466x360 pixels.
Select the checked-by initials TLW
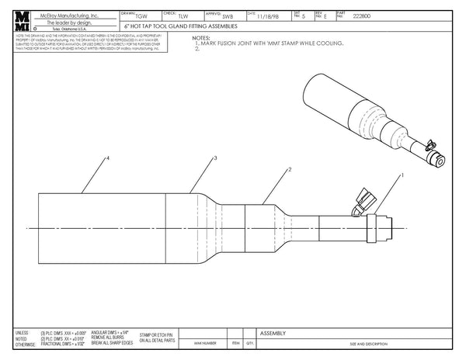click(183, 16)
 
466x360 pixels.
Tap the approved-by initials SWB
click(228, 16)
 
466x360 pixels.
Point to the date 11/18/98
click(266, 16)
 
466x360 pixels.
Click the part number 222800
click(361, 16)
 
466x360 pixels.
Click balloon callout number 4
click(107, 158)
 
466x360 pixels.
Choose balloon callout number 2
click(289, 168)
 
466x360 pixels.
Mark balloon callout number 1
click(402, 176)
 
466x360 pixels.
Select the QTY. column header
click(249, 343)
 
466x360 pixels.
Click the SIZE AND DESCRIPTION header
click(367, 343)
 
